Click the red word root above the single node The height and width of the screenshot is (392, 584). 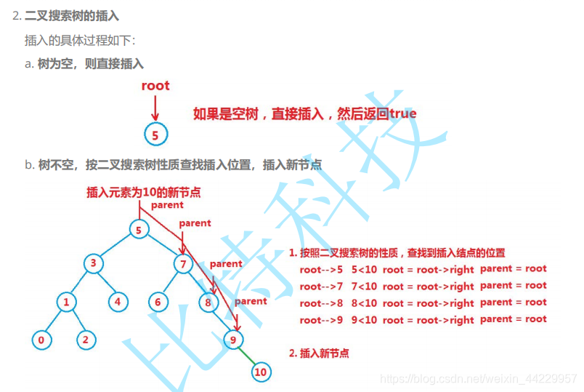(x=155, y=86)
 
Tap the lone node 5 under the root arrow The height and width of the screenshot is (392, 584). (x=155, y=134)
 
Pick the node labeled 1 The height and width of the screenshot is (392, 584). (x=66, y=300)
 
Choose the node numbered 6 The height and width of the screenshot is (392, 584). (x=158, y=300)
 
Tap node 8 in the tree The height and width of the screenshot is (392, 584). (x=208, y=300)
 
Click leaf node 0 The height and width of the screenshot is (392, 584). (x=41, y=338)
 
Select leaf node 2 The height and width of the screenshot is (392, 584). (x=86, y=338)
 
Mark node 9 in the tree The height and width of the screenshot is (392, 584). (x=233, y=338)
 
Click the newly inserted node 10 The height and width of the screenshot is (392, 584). (x=260, y=372)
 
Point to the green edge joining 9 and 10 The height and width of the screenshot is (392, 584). (x=246, y=356)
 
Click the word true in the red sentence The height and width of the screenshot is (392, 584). (x=403, y=113)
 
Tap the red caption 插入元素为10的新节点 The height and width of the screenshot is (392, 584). (x=143, y=192)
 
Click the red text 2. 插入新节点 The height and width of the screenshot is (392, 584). (x=319, y=353)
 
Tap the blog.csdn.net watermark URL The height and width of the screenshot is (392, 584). (x=479, y=379)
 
